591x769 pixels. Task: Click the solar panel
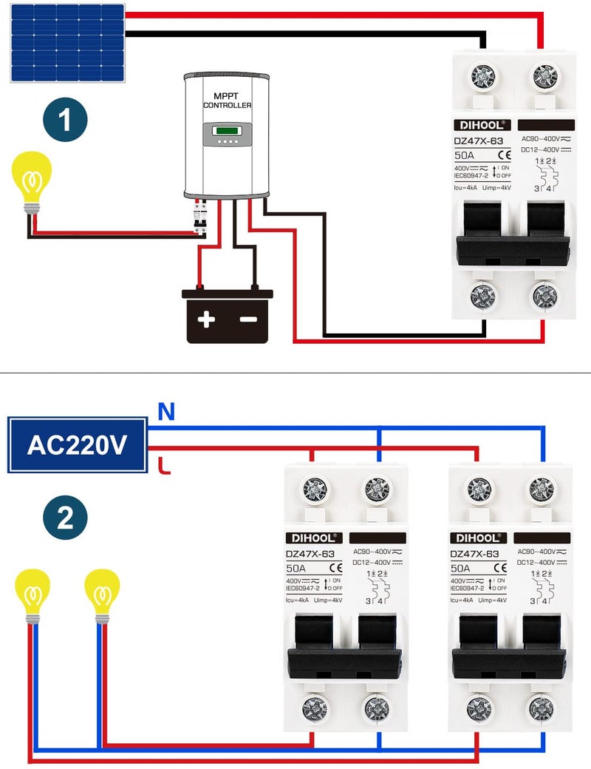(x=67, y=42)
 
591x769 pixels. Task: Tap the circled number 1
(x=65, y=121)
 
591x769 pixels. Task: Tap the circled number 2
(x=65, y=517)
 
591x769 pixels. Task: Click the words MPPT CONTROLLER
(x=227, y=101)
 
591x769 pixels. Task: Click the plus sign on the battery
(x=206, y=319)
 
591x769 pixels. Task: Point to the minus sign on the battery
(x=248, y=319)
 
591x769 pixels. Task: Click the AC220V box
(x=77, y=444)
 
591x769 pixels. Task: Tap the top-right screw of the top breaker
(x=547, y=75)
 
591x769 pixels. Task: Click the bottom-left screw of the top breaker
(x=485, y=297)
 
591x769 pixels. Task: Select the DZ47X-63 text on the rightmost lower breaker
(x=474, y=553)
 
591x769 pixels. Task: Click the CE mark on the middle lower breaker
(x=335, y=568)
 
